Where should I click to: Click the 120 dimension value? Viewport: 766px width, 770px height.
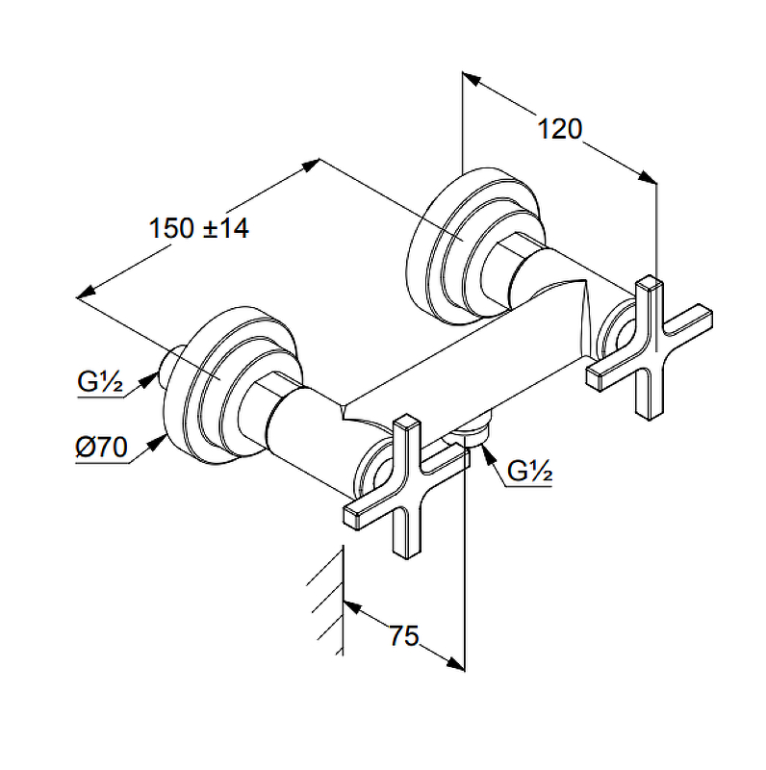coord(560,128)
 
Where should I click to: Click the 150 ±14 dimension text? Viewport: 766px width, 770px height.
coord(199,229)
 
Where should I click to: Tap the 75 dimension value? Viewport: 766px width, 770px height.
coord(405,635)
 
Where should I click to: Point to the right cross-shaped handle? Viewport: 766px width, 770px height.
coord(651,345)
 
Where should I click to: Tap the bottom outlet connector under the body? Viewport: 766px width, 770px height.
coord(474,431)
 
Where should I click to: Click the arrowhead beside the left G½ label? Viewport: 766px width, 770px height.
coord(149,380)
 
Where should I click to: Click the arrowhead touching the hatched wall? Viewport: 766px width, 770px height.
coord(351,606)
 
